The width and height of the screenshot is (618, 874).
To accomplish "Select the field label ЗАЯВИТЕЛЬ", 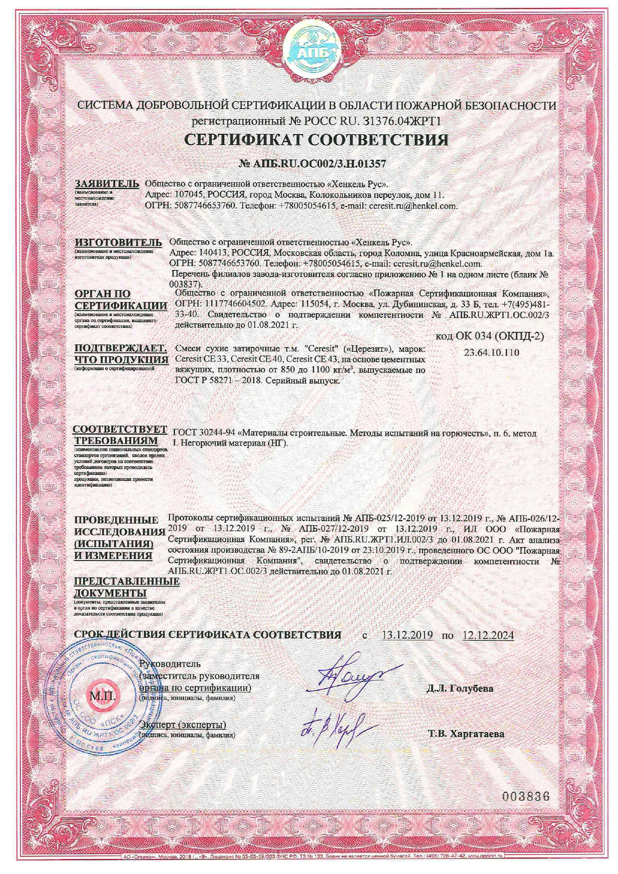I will pyautogui.click(x=107, y=183).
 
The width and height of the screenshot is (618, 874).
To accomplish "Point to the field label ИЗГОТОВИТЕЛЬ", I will pyautogui.click(x=118, y=242).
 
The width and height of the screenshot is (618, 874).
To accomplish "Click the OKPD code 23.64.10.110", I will pyautogui.click(x=491, y=352).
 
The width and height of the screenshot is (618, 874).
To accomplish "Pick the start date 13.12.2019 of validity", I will pyautogui.click(x=407, y=635).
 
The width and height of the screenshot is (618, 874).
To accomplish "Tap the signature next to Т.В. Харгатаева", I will pyautogui.click(x=332, y=725).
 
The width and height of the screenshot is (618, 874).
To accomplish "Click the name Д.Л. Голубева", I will pyautogui.click(x=460, y=689).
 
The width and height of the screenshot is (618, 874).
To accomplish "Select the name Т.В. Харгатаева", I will pyautogui.click(x=466, y=734).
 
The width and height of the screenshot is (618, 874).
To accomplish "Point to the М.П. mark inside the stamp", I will pyautogui.click(x=102, y=696).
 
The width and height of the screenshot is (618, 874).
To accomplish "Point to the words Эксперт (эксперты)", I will pyautogui.click(x=183, y=725).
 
